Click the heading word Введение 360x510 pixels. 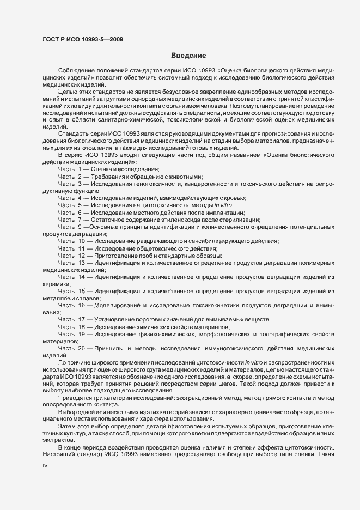(188, 56)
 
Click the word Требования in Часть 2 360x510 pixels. (113, 177)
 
